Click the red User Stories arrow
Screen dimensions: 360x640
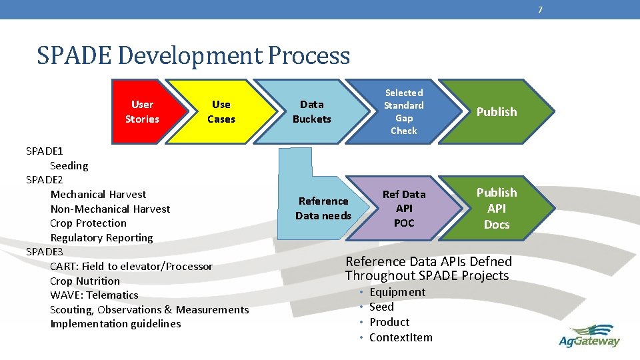pos(142,112)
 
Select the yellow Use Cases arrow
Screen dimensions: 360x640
pos(221,112)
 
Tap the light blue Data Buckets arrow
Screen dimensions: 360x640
pos(311,112)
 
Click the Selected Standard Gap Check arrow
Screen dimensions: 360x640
pos(403,112)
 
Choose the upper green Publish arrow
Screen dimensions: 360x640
pos(497,112)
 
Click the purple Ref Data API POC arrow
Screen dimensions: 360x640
pos(403,208)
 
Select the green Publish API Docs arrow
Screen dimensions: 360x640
pos(497,208)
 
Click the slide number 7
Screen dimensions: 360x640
pos(540,9)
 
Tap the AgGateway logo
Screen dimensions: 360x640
pos(589,335)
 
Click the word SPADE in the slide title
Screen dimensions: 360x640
pos(74,55)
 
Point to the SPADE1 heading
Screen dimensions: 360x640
pos(45,151)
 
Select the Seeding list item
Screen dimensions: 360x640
pos(69,165)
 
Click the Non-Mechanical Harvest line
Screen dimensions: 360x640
pos(110,209)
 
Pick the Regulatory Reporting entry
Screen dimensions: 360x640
pos(101,238)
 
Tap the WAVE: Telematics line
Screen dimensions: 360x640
pos(94,295)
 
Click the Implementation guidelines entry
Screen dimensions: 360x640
pos(115,324)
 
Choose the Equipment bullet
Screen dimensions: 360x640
pos(397,292)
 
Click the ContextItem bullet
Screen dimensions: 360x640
pos(401,337)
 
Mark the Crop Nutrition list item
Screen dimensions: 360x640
pos(85,281)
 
